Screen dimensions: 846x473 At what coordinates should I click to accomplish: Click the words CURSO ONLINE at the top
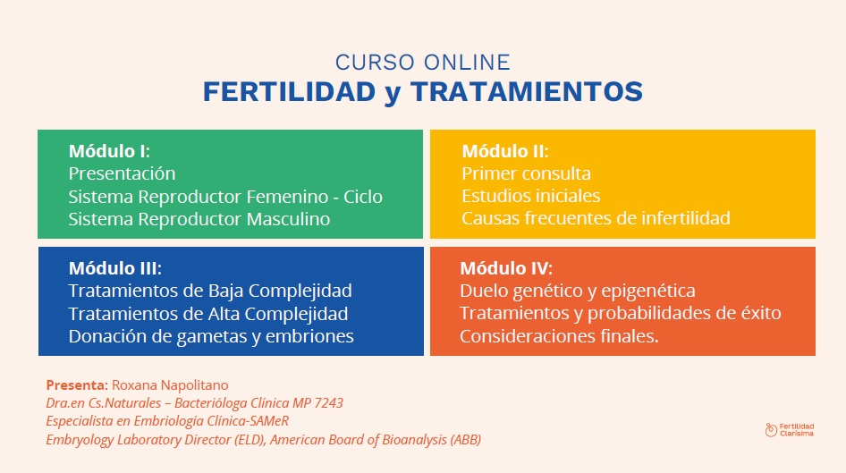click(x=422, y=63)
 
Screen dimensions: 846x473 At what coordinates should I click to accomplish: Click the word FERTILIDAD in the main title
click(x=289, y=92)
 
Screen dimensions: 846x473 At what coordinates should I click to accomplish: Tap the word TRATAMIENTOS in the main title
click(x=527, y=92)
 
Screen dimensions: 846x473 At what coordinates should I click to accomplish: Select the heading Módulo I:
click(x=109, y=151)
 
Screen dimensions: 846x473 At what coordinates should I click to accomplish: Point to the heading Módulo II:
click(x=505, y=151)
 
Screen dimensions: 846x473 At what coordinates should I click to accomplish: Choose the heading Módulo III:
click(x=115, y=268)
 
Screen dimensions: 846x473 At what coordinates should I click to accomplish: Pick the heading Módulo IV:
click(x=506, y=268)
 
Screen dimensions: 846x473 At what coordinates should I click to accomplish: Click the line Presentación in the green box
click(x=122, y=173)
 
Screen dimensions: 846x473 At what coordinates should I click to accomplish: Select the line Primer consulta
click(x=526, y=173)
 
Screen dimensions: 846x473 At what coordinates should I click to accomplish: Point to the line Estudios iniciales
click(x=531, y=196)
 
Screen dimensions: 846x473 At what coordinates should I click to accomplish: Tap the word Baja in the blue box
click(x=224, y=291)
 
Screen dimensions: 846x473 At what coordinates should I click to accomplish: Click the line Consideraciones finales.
click(x=559, y=336)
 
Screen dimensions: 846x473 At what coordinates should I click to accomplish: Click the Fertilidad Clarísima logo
click(x=790, y=430)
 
